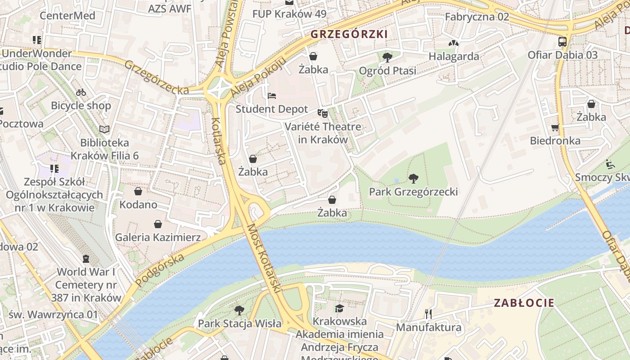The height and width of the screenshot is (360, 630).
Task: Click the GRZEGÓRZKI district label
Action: [x=349, y=34]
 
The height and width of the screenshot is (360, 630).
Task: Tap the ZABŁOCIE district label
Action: [x=524, y=303]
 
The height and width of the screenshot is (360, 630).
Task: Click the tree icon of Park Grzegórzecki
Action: [x=413, y=179]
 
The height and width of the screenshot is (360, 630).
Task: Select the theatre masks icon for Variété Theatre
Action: [x=322, y=113]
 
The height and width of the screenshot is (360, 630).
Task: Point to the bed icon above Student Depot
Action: [x=272, y=96]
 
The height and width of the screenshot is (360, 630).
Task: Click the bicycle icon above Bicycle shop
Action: [x=81, y=92]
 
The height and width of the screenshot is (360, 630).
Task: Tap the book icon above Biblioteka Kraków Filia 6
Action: [x=104, y=130]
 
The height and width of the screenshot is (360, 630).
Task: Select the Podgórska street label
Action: [x=160, y=270]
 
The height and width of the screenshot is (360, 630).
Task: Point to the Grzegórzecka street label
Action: [x=157, y=77]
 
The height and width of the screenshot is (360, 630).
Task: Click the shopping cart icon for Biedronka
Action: [x=555, y=128]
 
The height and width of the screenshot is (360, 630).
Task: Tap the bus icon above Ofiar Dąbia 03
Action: [x=562, y=42]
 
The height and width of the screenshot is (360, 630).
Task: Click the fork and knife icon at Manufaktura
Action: [x=428, y=314]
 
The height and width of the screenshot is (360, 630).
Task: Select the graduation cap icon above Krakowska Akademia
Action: [x=339, y=308]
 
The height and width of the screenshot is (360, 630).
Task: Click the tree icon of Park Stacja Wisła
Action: [x=239, y=310]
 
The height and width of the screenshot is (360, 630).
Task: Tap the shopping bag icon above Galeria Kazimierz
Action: [x=158, y=224]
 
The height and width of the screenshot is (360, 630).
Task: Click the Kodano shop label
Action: [x=138, y=205]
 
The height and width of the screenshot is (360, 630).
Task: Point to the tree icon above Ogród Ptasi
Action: [x=387, y=57]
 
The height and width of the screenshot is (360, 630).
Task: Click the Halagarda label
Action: [x=454, y=57]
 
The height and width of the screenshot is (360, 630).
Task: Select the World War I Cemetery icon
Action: [x=85, y=259]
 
